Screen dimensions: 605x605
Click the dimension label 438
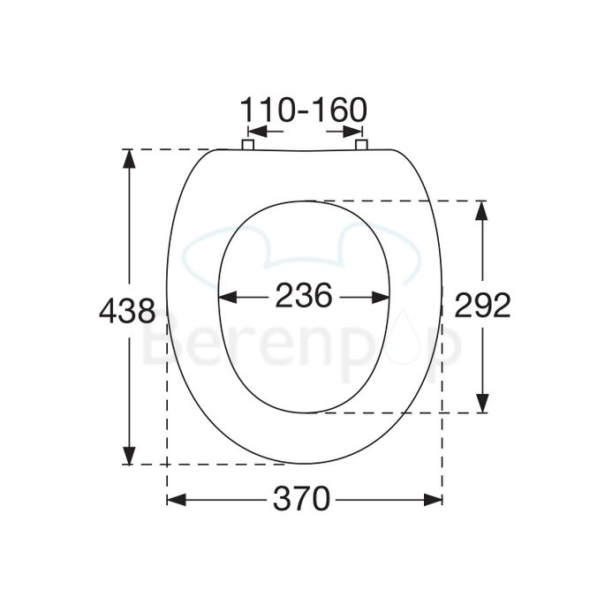point(127,312)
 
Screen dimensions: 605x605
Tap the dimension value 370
point(302,499)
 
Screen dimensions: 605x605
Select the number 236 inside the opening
point(304,295)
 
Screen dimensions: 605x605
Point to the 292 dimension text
point(482,305)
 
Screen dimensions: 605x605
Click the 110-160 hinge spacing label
point(304,110)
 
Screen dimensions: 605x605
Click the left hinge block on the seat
point(247,145)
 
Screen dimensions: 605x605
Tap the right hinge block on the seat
point(361,145)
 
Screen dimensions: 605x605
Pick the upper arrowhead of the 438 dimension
point(129,158)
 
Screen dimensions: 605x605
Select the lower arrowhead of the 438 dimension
point(129,455)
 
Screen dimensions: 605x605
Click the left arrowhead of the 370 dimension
point(177,500)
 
